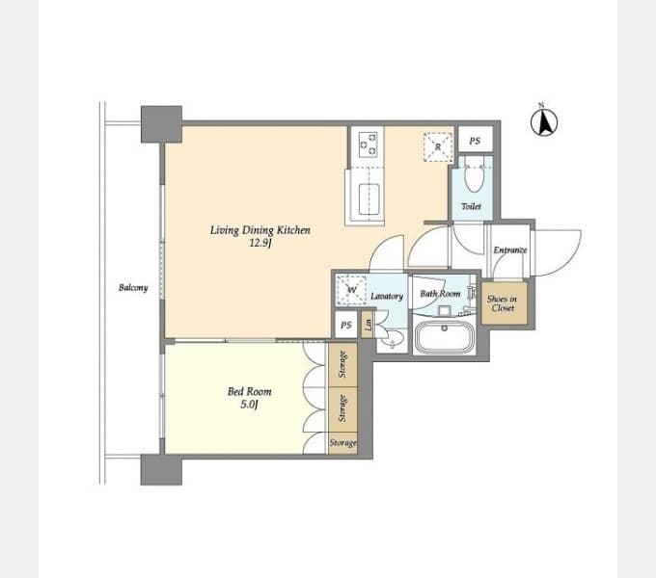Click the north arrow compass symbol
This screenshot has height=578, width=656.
click(x=544, y=121)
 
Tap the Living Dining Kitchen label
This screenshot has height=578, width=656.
click(x=260, y=230)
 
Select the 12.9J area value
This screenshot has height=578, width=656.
click(x=260, y=243)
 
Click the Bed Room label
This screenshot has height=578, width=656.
click(x=249, y=392)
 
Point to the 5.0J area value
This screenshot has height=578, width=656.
click(x=249, y=405)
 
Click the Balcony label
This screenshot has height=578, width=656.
click(x=133, y=288)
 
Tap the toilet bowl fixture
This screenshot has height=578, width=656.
click(x=474, y=178)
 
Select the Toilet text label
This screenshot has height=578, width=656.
click(x=471, y=206)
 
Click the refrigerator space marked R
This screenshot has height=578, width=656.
click(x=438, y=147)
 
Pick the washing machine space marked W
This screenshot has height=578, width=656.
click(x=351, y=289)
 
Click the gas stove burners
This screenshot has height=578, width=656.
click(x=368, y=144)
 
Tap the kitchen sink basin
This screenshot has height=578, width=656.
click(x=369, y=199)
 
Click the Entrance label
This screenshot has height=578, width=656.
click(x=510, y=250)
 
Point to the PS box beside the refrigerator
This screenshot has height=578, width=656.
click(x=476, y=140)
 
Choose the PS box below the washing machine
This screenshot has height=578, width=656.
click(x=346, y=325)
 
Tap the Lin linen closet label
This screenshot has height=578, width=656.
click(x=369, y=324)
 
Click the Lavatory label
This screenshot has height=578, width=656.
click(x=387, y=296)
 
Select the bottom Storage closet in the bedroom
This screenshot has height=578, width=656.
click(x=342, y=443)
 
